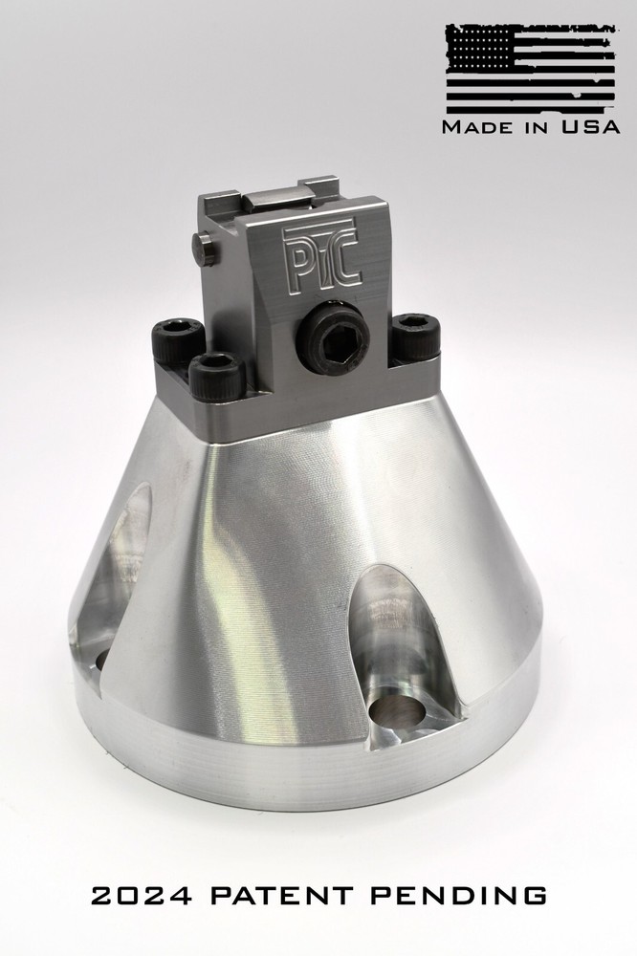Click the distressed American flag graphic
530,69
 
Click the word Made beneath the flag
476,127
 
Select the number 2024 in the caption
142,896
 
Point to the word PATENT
282,896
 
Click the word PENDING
459,896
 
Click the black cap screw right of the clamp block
415,337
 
